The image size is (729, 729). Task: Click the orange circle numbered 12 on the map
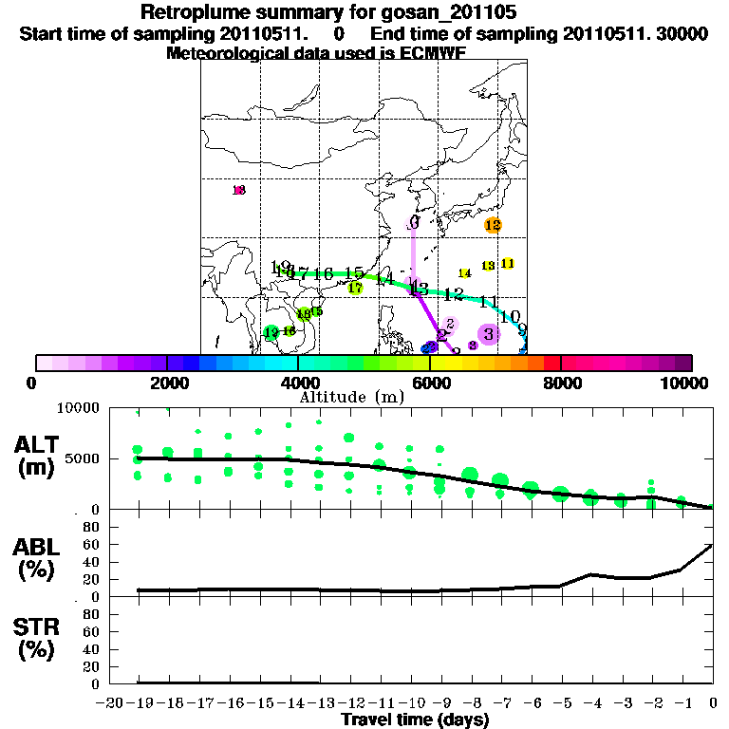[x=492, y=225]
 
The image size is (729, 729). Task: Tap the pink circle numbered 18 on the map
[x=239, y=190]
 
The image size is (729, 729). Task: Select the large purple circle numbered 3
[x=489, y=333]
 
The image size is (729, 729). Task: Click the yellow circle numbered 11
[x=508, y=263]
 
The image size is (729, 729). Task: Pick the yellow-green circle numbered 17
[x=356, y=288]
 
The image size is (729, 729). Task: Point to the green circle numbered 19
[x=271, y=333]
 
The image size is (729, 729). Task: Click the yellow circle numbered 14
[x=465, y=273]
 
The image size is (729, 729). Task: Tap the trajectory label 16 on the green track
[x=324, y=273]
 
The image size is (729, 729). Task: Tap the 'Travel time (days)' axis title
[x=415, y=720]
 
